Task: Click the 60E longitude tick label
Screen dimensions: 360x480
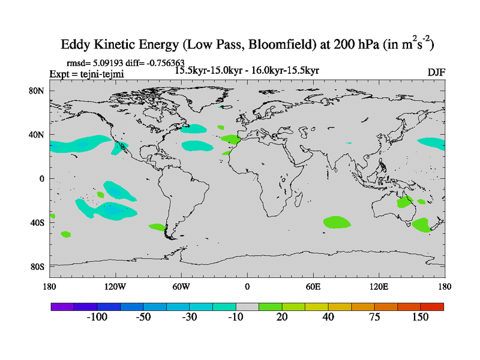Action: (313, 286)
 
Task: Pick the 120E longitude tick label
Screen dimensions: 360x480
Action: (379, 286)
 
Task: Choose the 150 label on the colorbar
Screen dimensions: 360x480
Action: (420, 317)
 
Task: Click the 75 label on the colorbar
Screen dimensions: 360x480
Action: (374, 317)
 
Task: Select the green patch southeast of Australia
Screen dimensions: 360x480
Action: (421, 225)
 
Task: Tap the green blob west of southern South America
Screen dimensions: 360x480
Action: (156, 227)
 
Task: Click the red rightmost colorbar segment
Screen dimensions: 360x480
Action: (432, 307)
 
